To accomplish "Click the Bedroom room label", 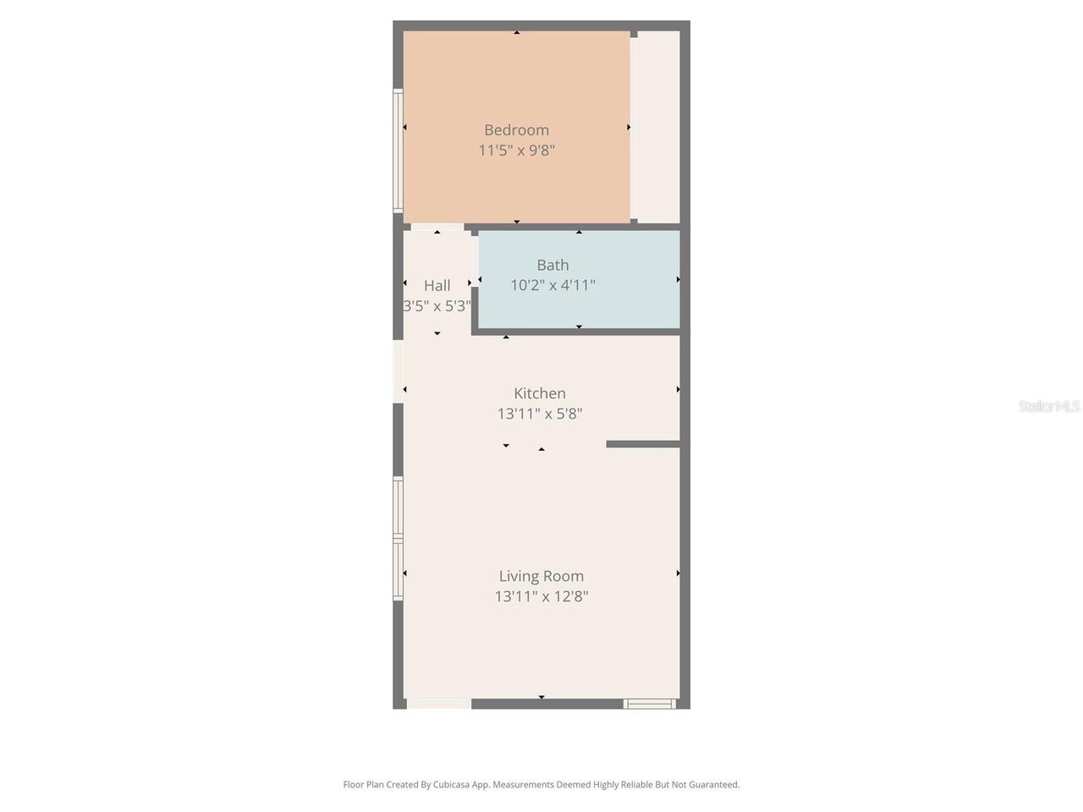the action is tap(517, 130).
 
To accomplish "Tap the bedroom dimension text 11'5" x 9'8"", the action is tap(517, 151).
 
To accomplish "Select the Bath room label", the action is tap(552, 266).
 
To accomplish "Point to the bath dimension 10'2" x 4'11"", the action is tap(552, 285).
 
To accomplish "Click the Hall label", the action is tap(437, 285).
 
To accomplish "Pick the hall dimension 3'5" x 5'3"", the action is tap(437, 306).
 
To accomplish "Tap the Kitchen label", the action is tap(540, 393).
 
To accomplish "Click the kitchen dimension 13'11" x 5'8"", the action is tap(540, 414).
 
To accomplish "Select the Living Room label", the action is tap(541, 576).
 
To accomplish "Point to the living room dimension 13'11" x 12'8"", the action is tap(541, 596).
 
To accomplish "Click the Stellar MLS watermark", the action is tap(1049, 406).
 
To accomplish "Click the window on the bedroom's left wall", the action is tap(398, 151).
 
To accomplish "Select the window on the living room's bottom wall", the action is tap(649, 704).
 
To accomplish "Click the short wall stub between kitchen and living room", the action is tap(643, 444).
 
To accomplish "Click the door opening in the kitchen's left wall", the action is tap(399, 371).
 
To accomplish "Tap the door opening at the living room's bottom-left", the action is tap(438, 704).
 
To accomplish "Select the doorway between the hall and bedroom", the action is tap(437, 228).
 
